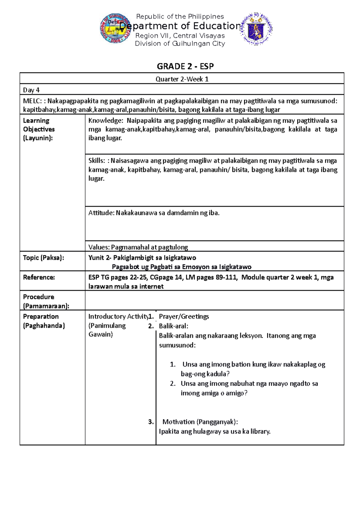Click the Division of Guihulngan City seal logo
(x=116, y=28)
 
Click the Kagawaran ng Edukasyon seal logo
(x=257, y=29)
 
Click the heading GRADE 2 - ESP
(x=185, y=66)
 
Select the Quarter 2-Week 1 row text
(x=182, y=79)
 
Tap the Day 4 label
(x=31, y=90)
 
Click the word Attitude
(x=101, y=213)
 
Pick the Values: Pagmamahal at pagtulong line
(x=138, y=247)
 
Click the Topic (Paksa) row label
(x=43, y=258)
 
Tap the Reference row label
(x=39, y=277)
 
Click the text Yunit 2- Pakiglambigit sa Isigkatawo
(x=142, y=258)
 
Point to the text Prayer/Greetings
(x=184, y=317)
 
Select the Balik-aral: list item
(x=173, y=326)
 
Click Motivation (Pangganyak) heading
(x=200, y=422)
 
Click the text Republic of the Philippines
(x=180, y=16)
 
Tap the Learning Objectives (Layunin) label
(x=39, y=129)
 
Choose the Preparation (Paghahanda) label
(x=43, y=321)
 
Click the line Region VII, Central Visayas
(x=180, y=36)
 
